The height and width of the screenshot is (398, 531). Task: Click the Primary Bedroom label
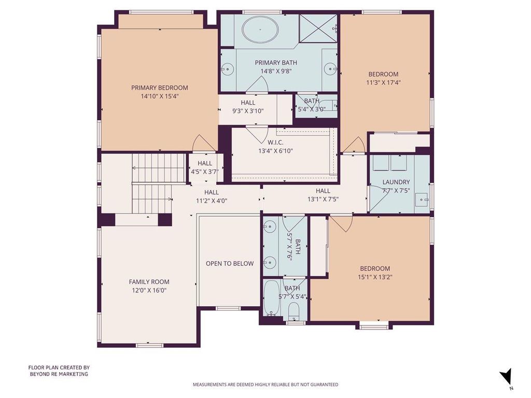[160, 88]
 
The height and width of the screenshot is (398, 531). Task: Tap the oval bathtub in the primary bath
[260, 30]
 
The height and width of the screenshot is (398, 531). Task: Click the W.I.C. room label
[275, 143]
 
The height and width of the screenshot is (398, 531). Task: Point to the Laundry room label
[396, 182]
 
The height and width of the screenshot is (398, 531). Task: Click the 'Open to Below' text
[230, 263]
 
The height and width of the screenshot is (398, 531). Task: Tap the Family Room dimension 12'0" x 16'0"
[149, 290]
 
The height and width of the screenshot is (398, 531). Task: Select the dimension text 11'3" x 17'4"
[383, 82]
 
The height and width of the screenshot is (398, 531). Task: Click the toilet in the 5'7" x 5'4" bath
[294, 310]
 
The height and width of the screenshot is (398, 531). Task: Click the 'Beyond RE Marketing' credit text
[59, 374]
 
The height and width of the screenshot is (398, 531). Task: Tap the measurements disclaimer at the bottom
[265, 385]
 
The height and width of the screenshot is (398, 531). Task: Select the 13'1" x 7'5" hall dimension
[323, 200]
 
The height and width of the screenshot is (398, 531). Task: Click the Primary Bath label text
[276, 63]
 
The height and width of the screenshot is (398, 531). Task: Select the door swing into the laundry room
[376, 199]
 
